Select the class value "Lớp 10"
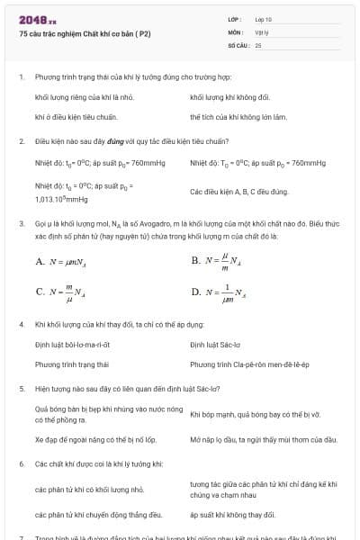coord(264,19)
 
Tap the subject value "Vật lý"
coord(262,31)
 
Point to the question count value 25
coord(258,44)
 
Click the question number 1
coord(21,77)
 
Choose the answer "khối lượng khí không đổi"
coord(229,96)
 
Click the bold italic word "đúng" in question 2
coord(116,141)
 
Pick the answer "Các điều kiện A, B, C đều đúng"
coord(238,192)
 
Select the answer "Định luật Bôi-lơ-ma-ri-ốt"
coord(72,344)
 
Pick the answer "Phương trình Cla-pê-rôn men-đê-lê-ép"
coord(249,364)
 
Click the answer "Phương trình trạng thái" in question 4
coord(72,364)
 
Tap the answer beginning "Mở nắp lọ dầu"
coord(263,439)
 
